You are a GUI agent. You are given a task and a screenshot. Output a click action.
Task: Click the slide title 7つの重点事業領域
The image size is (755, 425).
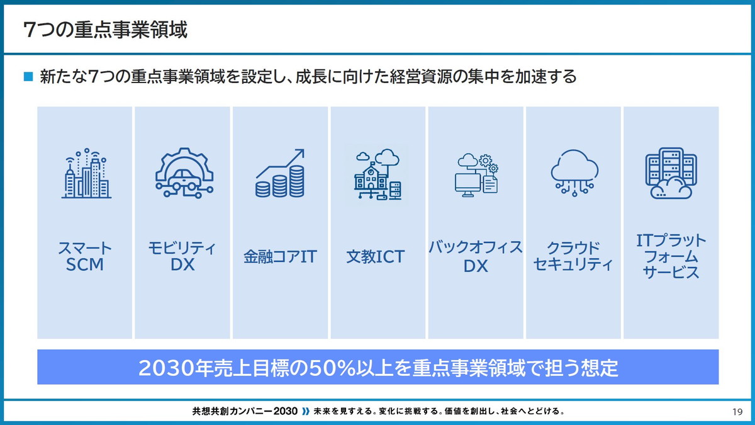point(105,30)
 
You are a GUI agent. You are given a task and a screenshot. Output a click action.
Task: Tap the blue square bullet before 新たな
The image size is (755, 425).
point(28,77)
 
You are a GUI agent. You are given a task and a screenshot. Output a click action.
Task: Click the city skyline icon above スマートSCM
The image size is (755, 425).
point(86,174)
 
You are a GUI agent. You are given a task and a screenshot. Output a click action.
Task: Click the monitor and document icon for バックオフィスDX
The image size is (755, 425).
point(476,174)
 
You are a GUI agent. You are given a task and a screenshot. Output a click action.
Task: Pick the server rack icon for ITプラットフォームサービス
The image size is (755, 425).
point(669,173)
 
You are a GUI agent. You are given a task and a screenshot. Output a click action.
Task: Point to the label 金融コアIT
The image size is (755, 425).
point(280,257)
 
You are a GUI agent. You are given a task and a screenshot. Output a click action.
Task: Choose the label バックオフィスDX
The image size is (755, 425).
point(476,256)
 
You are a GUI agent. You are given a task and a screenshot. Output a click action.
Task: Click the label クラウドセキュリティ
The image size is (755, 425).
point(573,256)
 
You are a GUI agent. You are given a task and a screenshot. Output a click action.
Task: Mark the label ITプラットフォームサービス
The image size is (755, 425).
point(671,256)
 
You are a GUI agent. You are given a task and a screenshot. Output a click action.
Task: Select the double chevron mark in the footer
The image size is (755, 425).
point(306,412)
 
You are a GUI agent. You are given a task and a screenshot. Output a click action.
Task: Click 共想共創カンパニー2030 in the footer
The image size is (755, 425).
point(245,412)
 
